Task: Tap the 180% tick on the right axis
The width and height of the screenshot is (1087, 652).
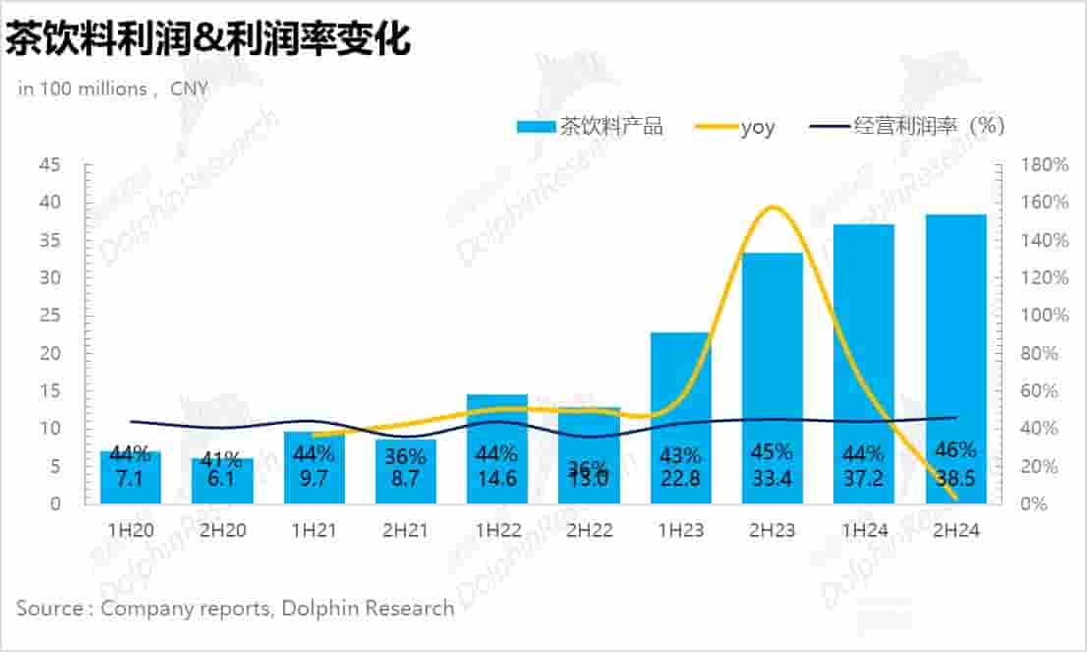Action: point(1043,164)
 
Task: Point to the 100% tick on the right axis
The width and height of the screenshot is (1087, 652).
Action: point(1043,316)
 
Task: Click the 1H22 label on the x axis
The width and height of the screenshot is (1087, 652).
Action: point(497,530)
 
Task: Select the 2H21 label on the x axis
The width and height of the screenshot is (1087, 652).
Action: point(406,530)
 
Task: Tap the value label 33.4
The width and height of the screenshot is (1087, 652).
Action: point(772,479)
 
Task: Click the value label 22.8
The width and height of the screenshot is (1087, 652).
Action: point(680,479)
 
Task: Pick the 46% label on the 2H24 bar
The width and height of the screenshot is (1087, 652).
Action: point(955,450)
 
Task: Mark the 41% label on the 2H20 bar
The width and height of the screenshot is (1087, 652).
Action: point(221,458)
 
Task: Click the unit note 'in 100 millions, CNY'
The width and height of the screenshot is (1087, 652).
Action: point(114,89)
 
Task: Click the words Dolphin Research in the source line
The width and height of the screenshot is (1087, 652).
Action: point(368,609)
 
